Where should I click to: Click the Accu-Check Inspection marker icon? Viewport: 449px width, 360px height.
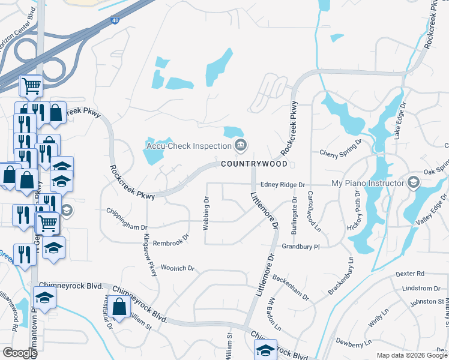(x=241, y=145)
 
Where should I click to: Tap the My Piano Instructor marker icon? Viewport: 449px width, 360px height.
(x=413, y=182)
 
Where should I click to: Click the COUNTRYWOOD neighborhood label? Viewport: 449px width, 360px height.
(x=255, y=164)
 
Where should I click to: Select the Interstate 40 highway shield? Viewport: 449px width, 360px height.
(x=115, y=20)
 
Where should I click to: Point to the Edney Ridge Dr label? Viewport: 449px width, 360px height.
(x=283, y=185)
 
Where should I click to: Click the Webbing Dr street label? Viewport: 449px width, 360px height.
(x=206, y=212)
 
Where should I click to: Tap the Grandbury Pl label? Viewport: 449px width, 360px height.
(x=302, y=246)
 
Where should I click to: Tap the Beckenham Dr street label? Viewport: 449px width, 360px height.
(x=290, y=287)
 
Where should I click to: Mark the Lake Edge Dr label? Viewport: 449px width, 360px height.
(x=400, y=121)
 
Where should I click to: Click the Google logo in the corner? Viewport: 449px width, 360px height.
(x=20, y=353)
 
